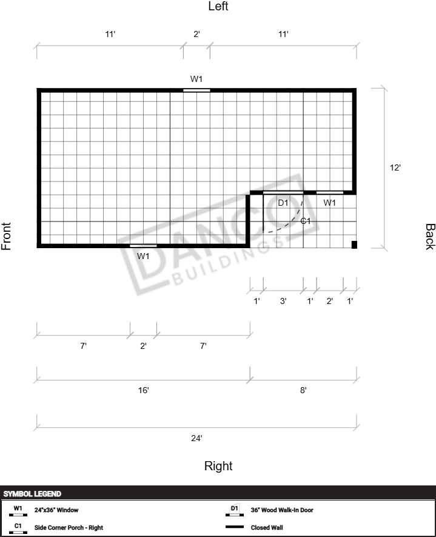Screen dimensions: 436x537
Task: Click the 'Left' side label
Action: coord(218,6)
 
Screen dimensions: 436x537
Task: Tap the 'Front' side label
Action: coord(6,236)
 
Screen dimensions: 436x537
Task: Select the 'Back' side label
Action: coord(430,237)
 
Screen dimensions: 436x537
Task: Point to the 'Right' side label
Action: coord(218,466)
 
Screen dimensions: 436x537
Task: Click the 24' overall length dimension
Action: coord(196,438)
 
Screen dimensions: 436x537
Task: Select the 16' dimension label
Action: coord(143,390)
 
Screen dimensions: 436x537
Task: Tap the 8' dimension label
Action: coord(303,390)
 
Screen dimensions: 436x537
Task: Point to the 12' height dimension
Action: coord(395,167)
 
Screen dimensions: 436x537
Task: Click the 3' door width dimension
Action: coord(283,301)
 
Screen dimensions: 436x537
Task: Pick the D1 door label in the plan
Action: coord(283,203)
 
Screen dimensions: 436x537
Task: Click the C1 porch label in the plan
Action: coord(306,221)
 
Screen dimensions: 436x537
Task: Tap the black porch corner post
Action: coord(354,245)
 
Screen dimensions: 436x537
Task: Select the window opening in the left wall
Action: coord(196,90)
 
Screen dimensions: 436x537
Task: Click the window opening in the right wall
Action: coord(143,246)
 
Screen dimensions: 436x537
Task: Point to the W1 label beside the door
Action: coord(329,203)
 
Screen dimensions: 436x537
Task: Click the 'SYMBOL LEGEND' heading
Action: coord(32,494)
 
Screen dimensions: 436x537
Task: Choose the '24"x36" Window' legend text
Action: coord(56,510)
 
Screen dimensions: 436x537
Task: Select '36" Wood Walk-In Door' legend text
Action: coord(281,510)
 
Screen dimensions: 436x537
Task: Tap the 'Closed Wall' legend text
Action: coord(267,527)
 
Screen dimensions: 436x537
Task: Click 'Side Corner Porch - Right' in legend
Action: coord(69,527)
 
